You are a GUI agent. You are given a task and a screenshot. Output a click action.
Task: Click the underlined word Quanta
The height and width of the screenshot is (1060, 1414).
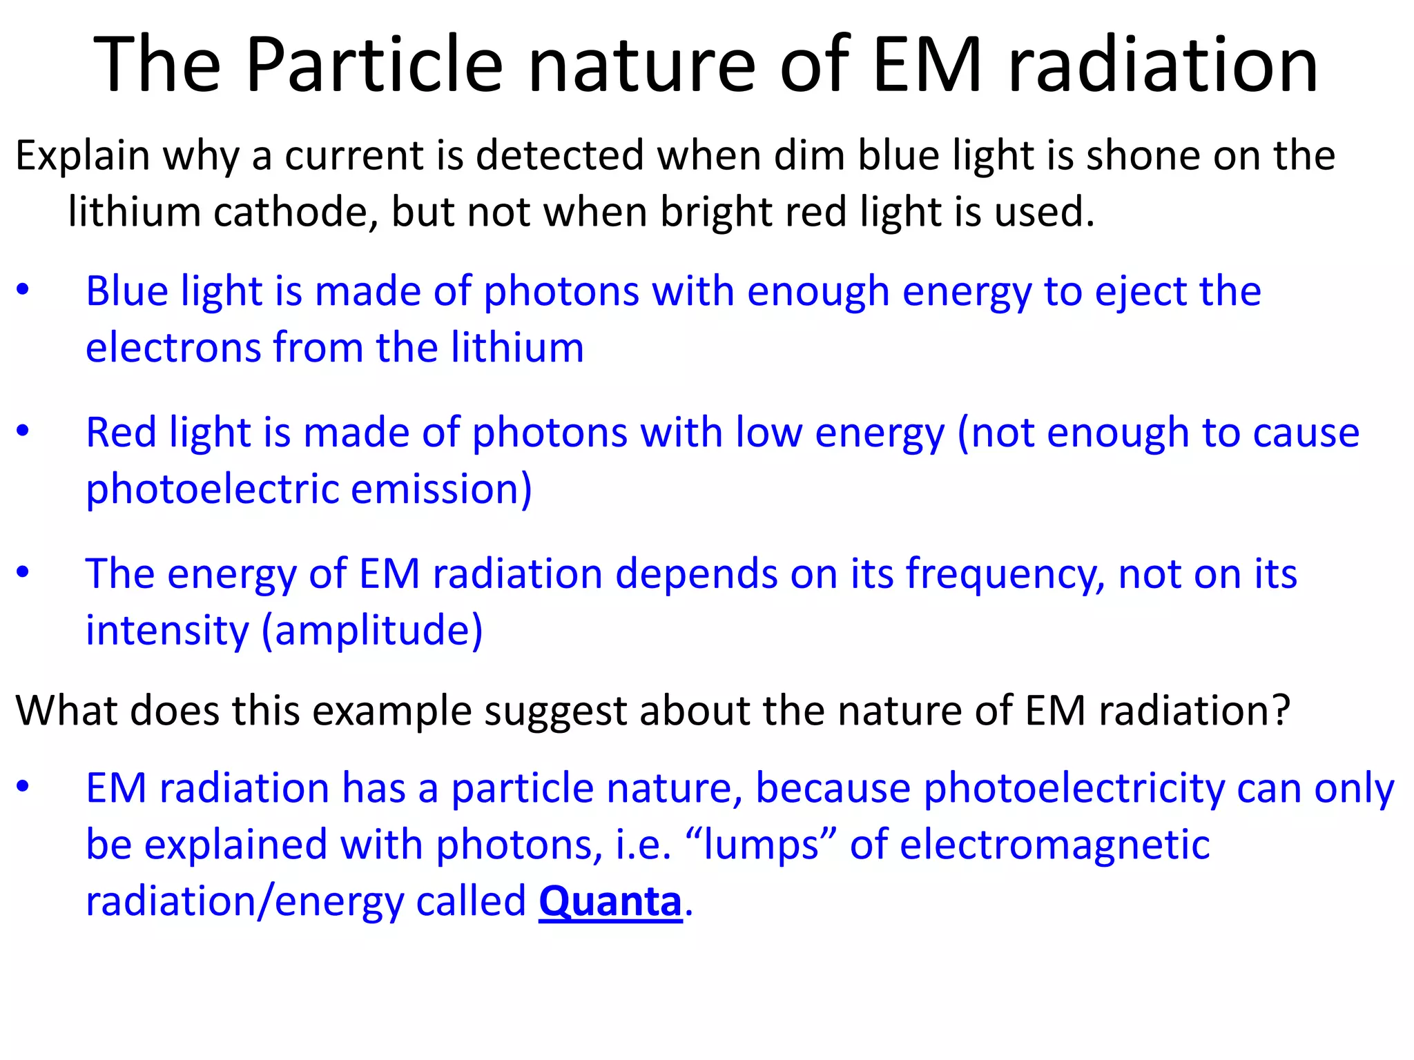point(610,901)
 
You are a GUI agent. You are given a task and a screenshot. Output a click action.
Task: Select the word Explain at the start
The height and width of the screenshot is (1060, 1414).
point(82,157)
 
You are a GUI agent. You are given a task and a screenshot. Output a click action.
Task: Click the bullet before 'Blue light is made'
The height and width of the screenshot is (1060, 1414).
point(23,291)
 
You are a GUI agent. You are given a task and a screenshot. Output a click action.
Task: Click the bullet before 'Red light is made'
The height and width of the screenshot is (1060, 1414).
point(23,432)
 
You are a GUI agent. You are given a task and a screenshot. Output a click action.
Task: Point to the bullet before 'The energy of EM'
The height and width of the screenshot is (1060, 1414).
point(23,573)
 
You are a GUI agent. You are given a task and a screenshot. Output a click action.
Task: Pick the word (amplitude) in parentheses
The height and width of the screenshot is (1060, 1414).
point(372,631)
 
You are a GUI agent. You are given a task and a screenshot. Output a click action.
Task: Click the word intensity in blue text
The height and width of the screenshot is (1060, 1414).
point(166,631)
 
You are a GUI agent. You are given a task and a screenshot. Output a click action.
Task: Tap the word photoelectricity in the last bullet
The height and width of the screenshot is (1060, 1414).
point(1074,789)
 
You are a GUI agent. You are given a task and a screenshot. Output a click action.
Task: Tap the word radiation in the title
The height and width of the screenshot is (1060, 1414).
point(1163,66)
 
